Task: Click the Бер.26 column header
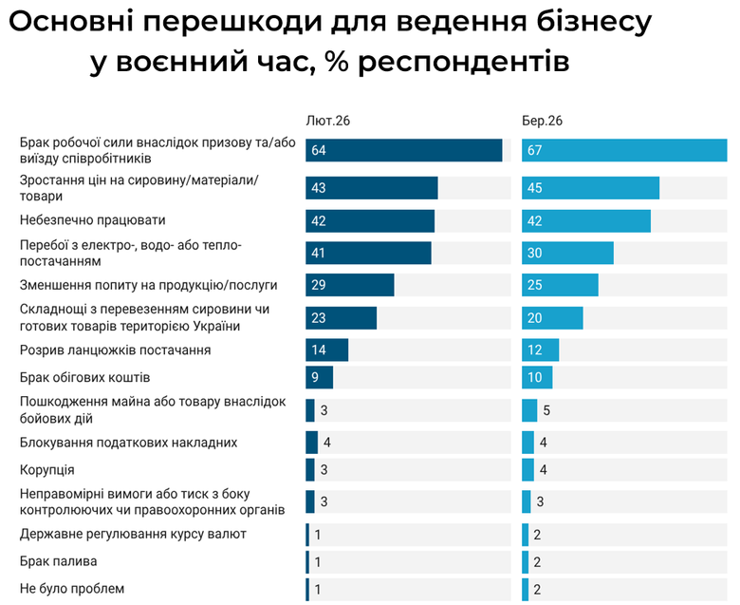pos(542,121)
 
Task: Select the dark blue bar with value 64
pos(403,151)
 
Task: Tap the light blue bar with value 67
pos(623,151)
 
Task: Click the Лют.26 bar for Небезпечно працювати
pos(370,221)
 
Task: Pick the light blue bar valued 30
pos(567,254)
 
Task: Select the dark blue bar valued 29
pos(349,285)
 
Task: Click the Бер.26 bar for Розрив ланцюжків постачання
pos(540,350)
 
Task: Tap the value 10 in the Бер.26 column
pos(534,378)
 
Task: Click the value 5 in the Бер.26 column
pos(547,410)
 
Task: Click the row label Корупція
pos(47,470)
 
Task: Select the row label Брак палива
pos(59,561)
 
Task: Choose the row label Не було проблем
pos(72,589)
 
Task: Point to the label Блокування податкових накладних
pos(128,443)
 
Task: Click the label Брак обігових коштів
pos(85,378)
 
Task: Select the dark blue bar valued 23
pos(341,318)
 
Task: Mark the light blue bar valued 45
pos(590,188)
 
